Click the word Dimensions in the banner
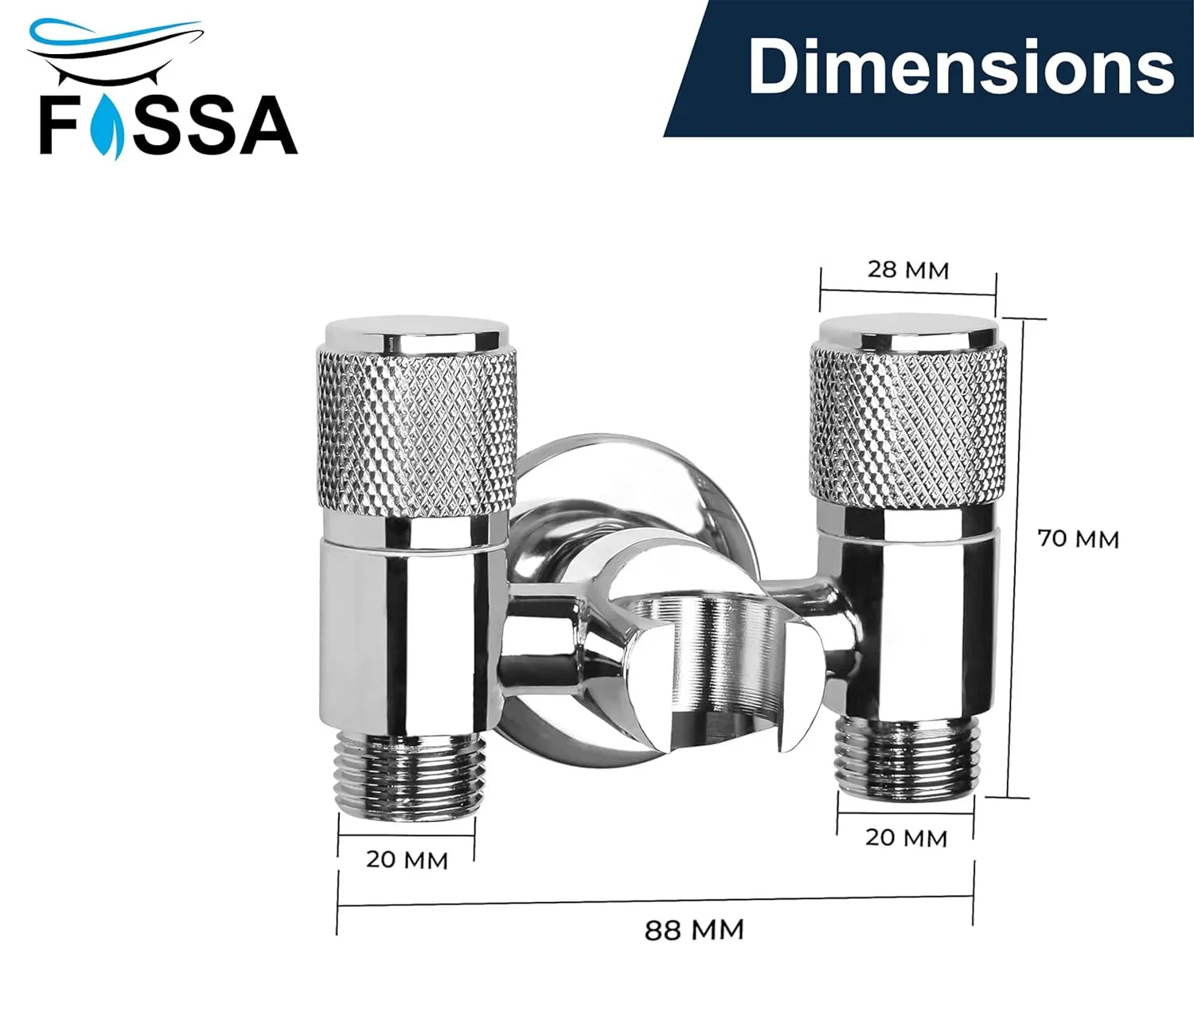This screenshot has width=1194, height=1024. tap(961, 67)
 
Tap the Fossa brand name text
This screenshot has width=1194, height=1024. tap(169, 126)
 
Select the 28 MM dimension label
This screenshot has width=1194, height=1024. tap(908, 270)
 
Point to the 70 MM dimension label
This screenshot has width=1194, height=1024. tap(1079, 539)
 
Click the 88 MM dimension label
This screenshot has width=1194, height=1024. tap(694, 929)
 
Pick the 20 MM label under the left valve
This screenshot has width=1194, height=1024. tap(407, 860)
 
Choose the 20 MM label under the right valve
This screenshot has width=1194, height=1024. tap(906, 838)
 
